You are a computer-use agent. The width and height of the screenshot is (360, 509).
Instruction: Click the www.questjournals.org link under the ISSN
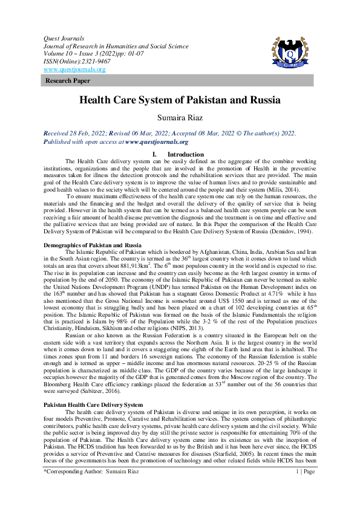[x=74, y=70]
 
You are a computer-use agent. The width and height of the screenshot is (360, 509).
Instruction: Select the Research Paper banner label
[x=67, y=80]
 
